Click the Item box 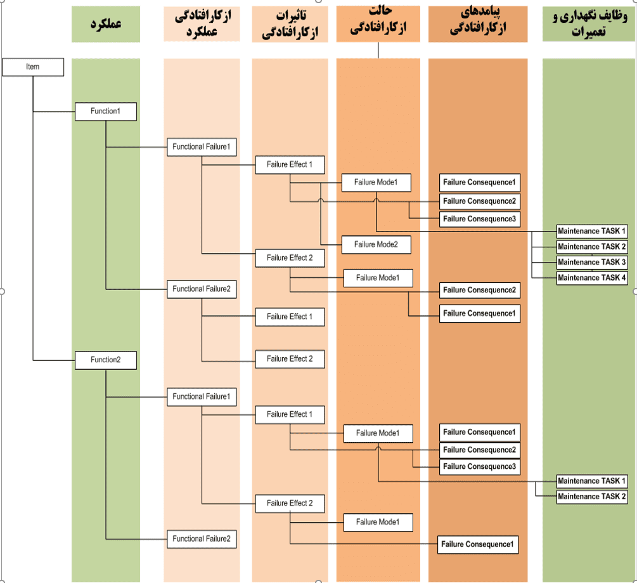(33, 67)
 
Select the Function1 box (105, 112)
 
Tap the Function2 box (105, 360)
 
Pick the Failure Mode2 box (376, 244)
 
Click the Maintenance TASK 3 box (592, 262)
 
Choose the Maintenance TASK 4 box (592, 278)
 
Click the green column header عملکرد (105, 25)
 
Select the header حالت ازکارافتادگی (378, 21)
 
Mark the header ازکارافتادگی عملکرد (202, 24)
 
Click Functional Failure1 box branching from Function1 (202, 147)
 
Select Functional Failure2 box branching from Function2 (202, 539)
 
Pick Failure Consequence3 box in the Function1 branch (479, 219)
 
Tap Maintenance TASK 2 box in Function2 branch (592, 497)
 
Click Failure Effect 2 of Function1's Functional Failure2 (290, 358)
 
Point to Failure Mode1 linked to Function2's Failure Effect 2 (378, 522)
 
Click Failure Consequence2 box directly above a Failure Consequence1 (479, 290)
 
